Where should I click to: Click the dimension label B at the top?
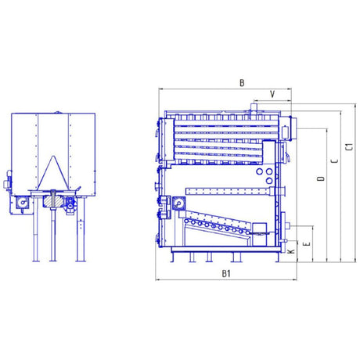(x=242, y=83)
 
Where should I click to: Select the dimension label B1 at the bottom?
(x=226, y=274)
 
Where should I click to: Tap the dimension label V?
(x=272, y=94)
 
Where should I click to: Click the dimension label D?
(x=321, y=178)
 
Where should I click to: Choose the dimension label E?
(x=308, y=243)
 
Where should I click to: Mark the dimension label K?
(x=291, y=251)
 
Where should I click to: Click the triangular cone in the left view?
(x=53, y=173)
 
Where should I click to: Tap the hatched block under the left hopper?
(x=53, y=202)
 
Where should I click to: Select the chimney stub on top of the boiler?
(x=253, y=109)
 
